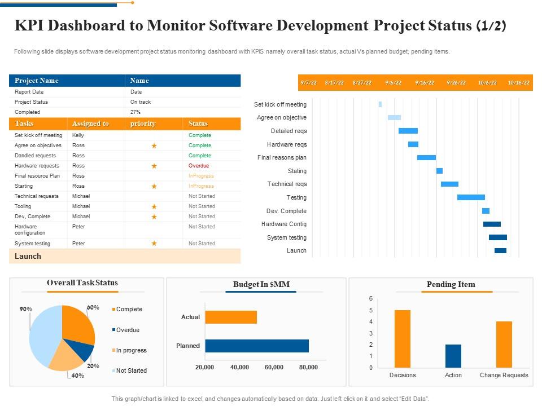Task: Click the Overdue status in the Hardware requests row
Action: (x=199, y=166)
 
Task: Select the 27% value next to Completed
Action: (x=135, y=112)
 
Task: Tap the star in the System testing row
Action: (x=154, y=244)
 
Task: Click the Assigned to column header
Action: (x=90, y=123)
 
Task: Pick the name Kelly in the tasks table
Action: (x=78, y=135)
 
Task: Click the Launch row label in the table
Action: (x=28, y=256)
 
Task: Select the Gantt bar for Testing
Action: (x=471, y=197)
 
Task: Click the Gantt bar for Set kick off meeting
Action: (x=380, y=104)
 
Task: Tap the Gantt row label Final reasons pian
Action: (x=282, y=157)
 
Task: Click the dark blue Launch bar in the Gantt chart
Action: (x=500, y=250)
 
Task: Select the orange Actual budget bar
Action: (x=231, y=317)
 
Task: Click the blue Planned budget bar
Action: (x=256, y=346)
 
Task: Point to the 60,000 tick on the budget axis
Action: (x=274, y=367)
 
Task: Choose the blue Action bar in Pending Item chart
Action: (x=453, y=356)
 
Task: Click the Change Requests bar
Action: (x=504, y=344)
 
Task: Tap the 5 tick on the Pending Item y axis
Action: (x=370, y=310)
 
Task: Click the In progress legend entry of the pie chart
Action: (x=131, y=350)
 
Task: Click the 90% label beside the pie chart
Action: (x=26, y=309)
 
